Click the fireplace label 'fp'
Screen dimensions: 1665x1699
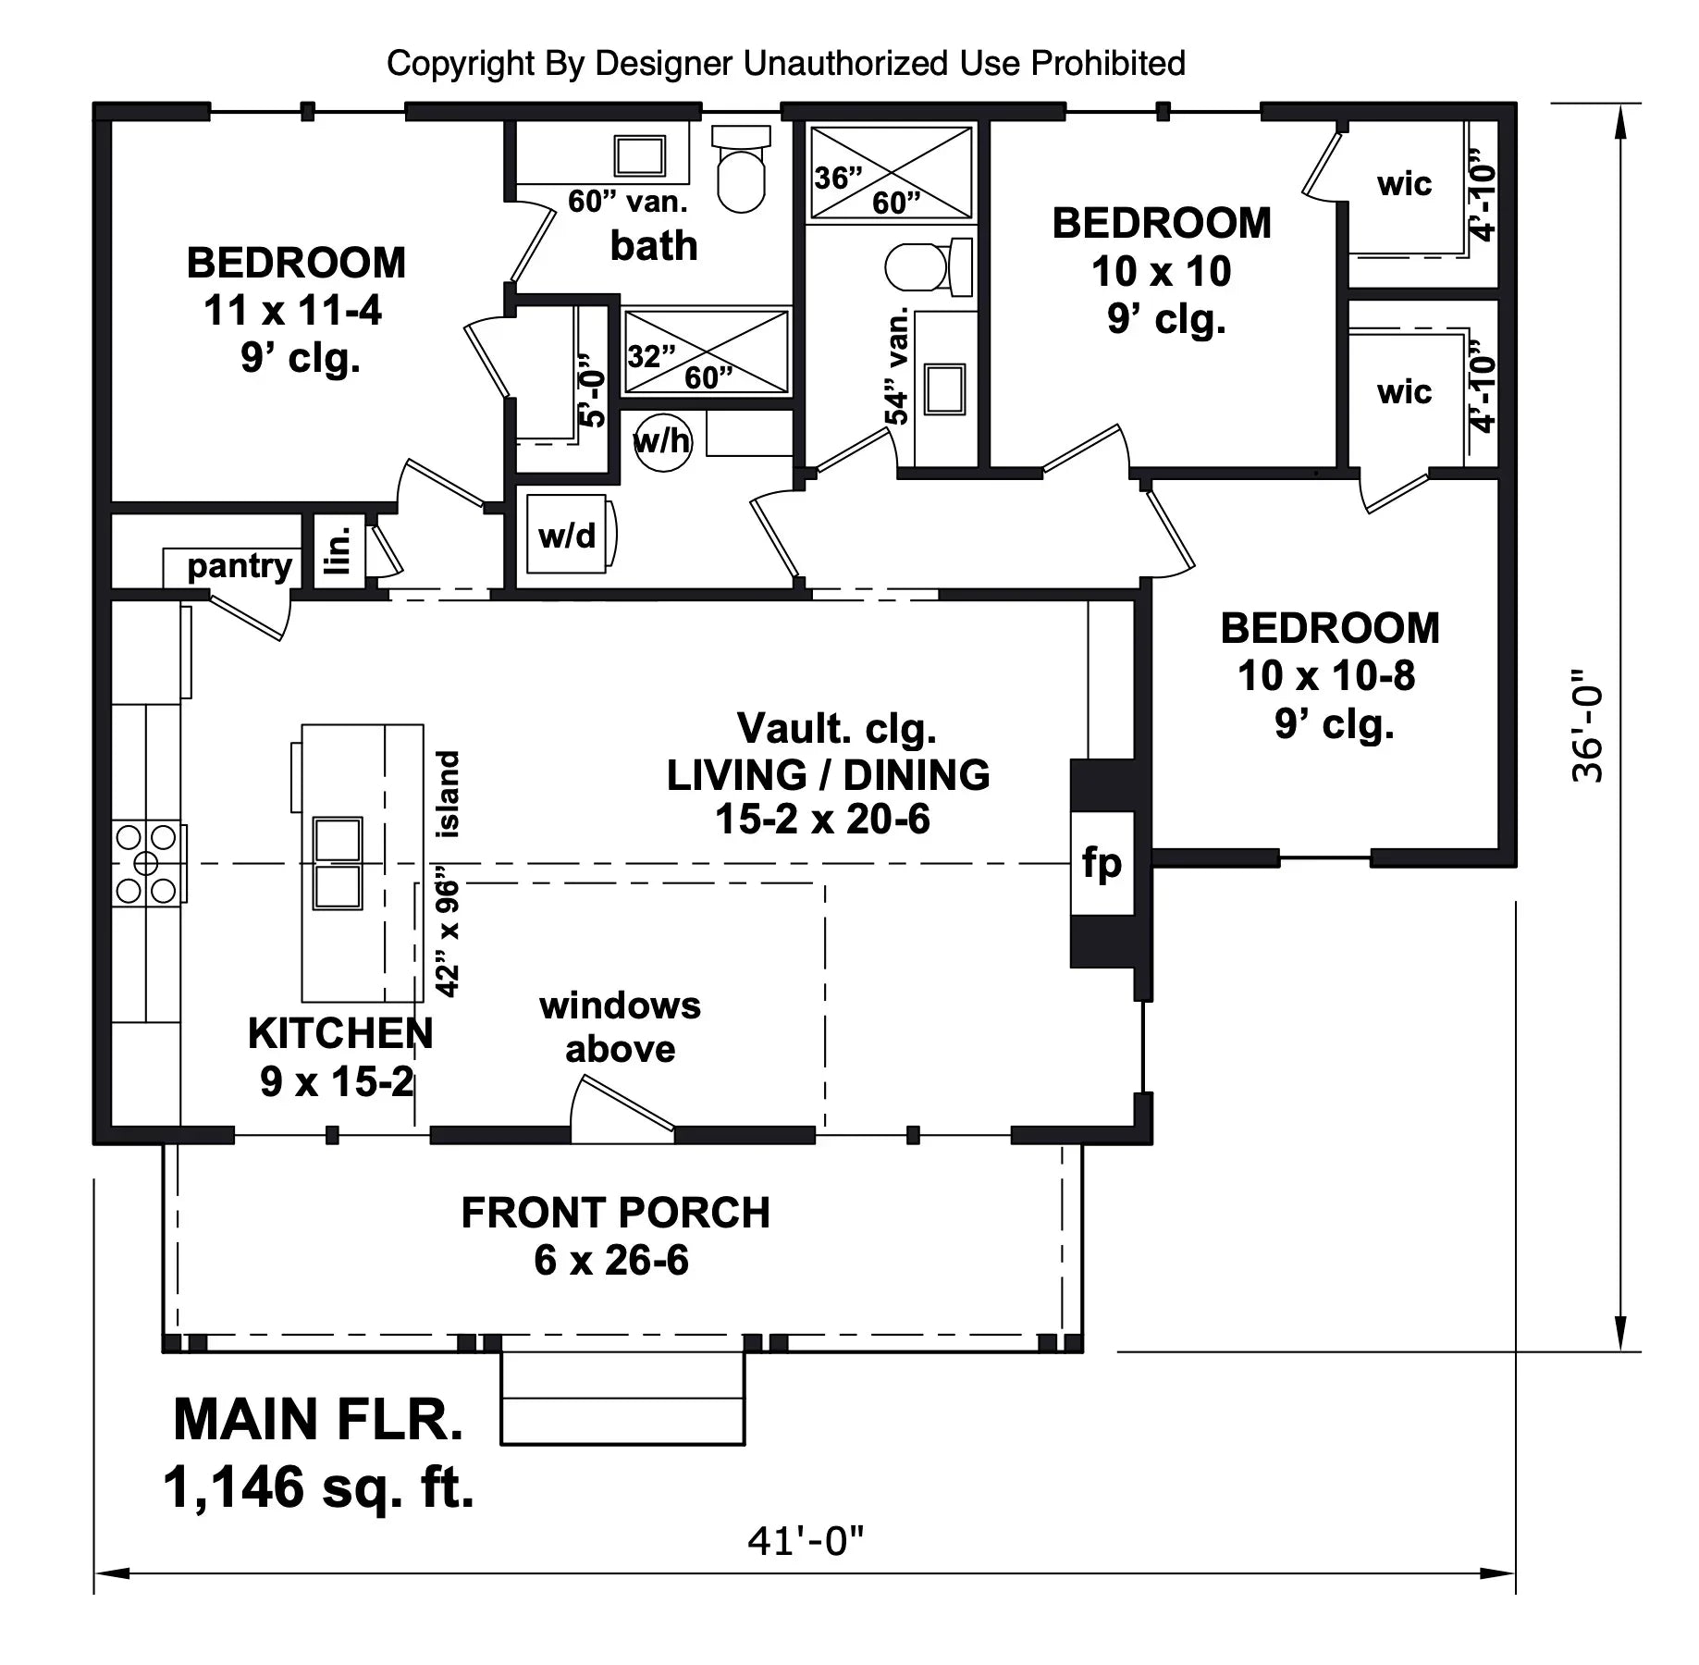(1102, 863)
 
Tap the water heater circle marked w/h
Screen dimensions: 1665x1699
(662, 442)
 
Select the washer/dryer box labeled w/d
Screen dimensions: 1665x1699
(567, 536)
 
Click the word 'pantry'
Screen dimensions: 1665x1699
(240, 565)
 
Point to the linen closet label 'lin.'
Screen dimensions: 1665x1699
(340, 550)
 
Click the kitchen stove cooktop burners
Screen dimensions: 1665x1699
(146, 864)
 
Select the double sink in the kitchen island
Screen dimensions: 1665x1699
(337, 864)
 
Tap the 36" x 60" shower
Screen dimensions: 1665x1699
(892, 174)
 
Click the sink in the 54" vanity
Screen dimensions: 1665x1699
(944, 388)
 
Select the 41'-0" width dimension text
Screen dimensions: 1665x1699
(806, 1540)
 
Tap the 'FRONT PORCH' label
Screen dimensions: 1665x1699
(615, 1213)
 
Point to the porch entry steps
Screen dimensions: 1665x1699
(622, 1398)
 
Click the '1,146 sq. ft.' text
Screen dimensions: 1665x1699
(318, 1487)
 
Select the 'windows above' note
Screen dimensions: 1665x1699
(620, 1027)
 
